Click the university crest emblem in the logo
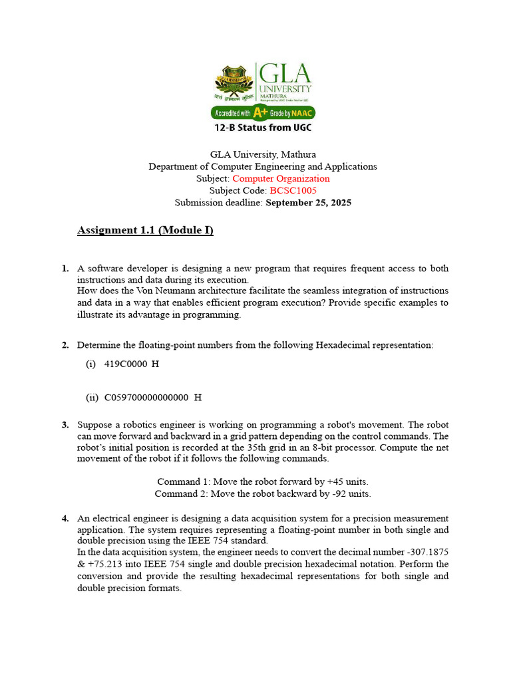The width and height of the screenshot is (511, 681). click(234, 84)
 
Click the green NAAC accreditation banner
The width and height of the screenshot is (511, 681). click(263, 113)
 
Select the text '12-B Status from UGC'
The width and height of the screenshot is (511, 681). click(263, 127)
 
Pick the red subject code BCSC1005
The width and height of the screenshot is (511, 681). click(293, 190)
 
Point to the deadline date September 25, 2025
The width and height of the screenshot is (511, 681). click(308, 202)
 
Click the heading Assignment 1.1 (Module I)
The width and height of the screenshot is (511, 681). click(145, 231)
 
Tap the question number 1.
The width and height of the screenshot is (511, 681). click(65, 269)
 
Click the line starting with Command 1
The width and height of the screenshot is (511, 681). click(263, 481)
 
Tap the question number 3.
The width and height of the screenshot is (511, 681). click(65, 424)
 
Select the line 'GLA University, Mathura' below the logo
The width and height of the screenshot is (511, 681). click(263, 154)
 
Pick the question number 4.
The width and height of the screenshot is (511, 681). click(65, 518)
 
